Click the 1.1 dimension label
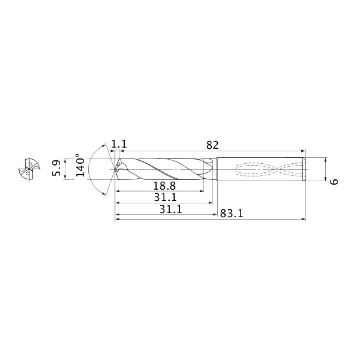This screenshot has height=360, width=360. click(119, 144)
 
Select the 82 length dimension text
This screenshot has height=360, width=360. click(212, 145)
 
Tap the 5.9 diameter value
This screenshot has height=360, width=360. click(56, 168)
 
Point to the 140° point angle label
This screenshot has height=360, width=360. click(80, 165)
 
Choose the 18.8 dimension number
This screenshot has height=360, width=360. click(164, 186)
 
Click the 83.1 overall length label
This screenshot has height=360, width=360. click(231, 214)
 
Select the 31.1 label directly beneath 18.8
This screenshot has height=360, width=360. click(165, 198)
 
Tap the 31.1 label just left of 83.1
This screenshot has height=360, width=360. click(170, 209)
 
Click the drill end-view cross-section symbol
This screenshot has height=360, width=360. click(29, 169)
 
